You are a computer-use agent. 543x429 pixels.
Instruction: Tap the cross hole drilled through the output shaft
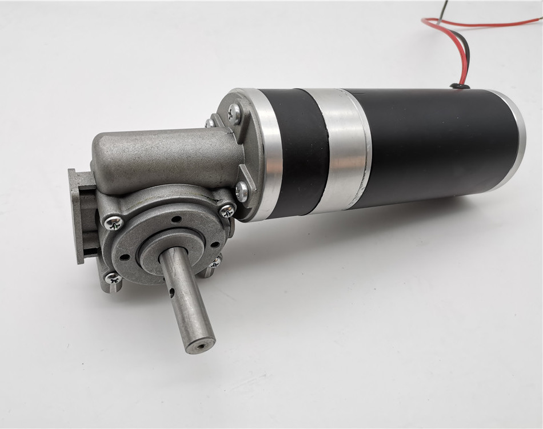tap(172, 294)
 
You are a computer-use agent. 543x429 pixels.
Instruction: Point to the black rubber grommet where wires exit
tap(460, 86)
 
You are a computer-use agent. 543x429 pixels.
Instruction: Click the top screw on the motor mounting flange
tap(234, 114)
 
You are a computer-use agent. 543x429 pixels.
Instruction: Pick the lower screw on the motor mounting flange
tap(242, 192)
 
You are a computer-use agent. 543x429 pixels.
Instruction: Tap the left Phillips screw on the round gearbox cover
tap(113, 221)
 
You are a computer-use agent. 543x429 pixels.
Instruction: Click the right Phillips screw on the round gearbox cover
tap(227, 210)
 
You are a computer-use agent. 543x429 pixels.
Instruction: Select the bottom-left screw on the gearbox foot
tap(113, 279)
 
